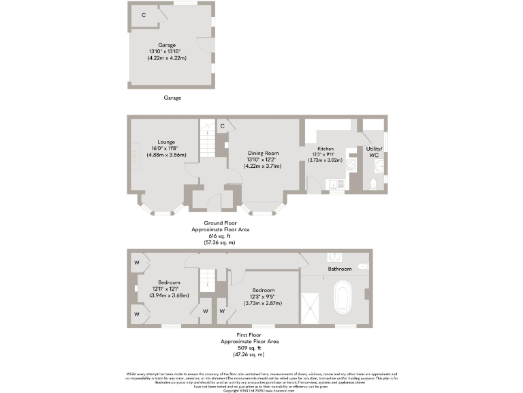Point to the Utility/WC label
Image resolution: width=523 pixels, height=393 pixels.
pyautogui.click(x=375, y=151)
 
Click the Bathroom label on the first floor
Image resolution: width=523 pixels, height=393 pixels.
pyautogui.click(x=340, y=270)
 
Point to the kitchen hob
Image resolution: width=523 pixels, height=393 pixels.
pyautogui.click(x=351, y=165)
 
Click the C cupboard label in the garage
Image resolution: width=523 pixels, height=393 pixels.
pyautogui.click(x=144, y=14)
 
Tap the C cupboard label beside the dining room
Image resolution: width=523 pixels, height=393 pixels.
pyautogui.click(x=223, y=126)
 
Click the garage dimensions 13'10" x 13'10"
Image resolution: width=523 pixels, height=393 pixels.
pyautogui.click(x=167, y=52)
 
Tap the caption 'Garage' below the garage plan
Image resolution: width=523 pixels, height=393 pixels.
pyautogui.click(x=172, y=98)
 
